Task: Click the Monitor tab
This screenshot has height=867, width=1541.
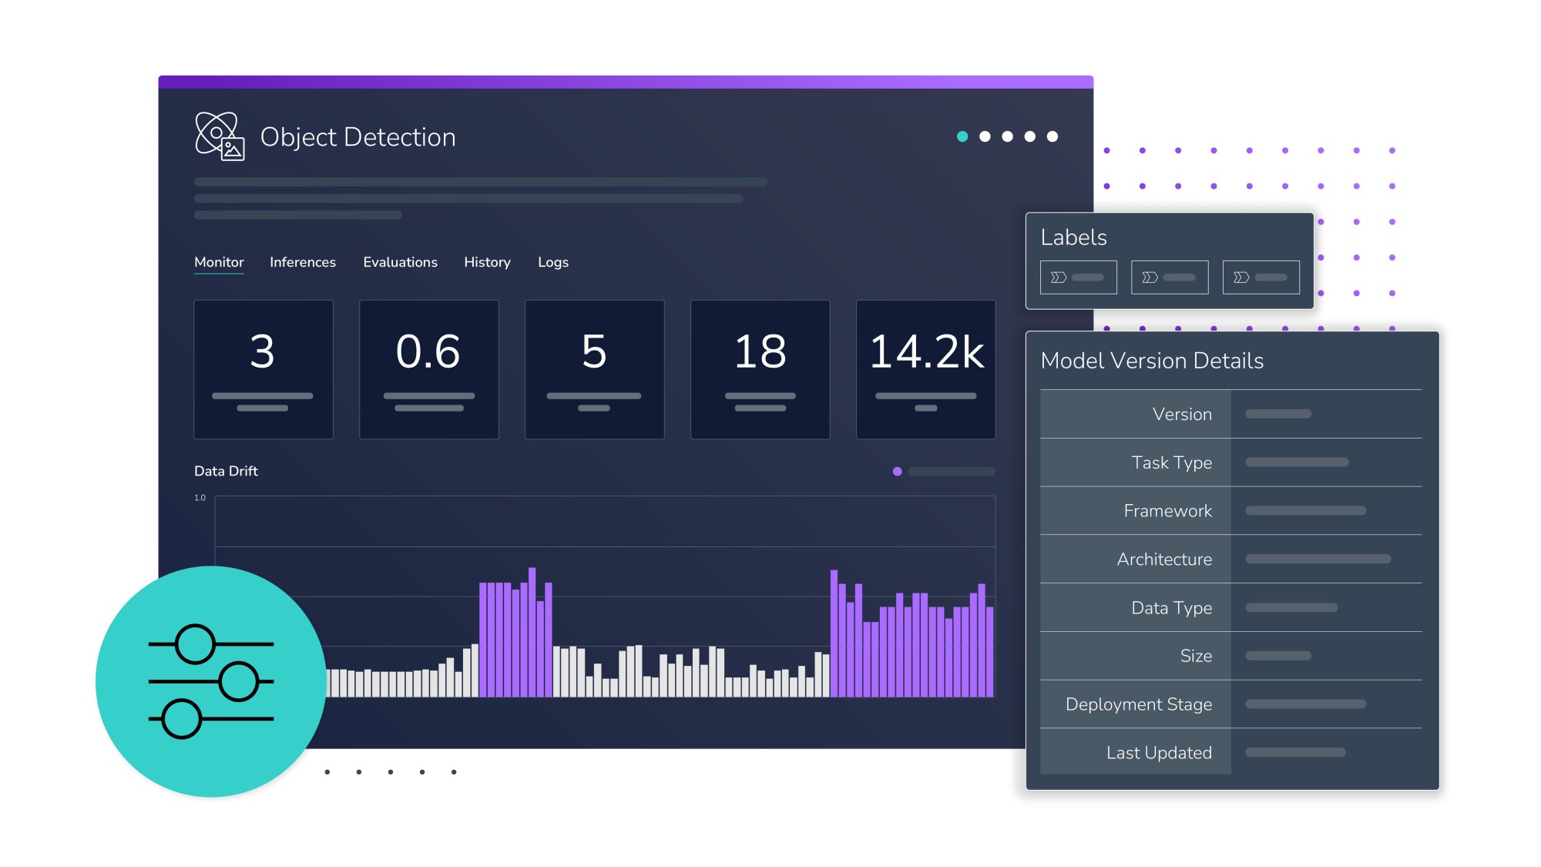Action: [x=219, y=262]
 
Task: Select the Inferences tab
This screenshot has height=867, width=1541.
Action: [x=302, y=262]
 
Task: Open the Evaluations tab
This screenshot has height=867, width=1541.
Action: [x=400, y=262]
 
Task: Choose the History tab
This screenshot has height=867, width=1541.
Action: [x=487, y=262]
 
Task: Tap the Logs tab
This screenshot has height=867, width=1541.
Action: [x=552, y=262]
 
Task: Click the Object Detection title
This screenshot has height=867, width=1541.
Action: [x=358, y=137]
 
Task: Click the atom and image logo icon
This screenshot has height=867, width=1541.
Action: [x=220, y=136]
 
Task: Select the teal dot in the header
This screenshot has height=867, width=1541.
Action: [x=962, y=136]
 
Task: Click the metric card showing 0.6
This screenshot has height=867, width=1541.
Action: [x=428, y=369]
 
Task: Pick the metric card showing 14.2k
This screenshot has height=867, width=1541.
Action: [x=925, y=369]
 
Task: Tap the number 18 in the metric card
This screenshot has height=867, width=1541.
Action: [x=760, y=352]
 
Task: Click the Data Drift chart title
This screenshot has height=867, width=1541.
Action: [x=226, y=471]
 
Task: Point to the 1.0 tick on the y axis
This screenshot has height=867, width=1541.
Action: [x=200, y=498]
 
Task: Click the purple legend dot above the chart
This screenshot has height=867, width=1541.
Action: [x=897, y=472]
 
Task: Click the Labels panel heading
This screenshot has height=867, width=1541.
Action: [x=1073, y=237]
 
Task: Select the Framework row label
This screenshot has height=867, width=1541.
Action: [x=1167, y=511]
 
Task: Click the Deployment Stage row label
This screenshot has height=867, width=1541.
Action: [x=1138, y=704]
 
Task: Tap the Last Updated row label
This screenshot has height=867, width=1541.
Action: [x=1158, y=753]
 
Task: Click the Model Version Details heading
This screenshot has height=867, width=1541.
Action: [x=1151, y=361]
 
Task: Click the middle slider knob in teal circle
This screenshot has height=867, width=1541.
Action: [x=238, y=681]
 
